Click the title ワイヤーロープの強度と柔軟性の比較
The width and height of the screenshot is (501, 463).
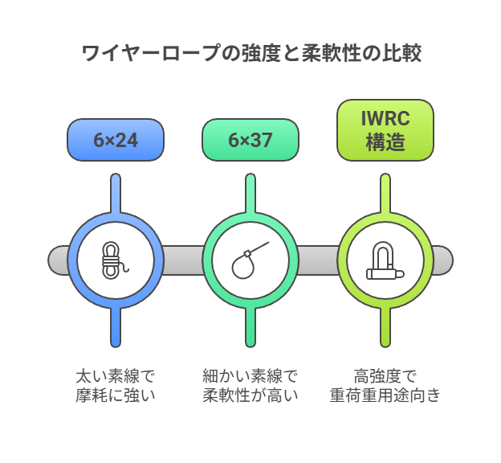coord(251,54)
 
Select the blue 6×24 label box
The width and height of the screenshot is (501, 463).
coord(116,140)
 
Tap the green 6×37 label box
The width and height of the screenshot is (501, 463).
coord(250,140)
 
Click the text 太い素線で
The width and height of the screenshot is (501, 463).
coord(115,376)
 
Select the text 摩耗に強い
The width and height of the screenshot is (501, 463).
coord(115,395)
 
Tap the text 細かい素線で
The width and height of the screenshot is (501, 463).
coord(250,376)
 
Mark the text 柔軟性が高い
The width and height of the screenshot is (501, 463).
coord(250,395)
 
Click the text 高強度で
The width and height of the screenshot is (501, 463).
coord(385,376)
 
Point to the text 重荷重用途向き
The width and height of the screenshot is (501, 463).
coord(385,395)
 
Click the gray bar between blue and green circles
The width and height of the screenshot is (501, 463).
coord(183,260)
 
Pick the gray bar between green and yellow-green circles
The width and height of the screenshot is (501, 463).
coord(318,260)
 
